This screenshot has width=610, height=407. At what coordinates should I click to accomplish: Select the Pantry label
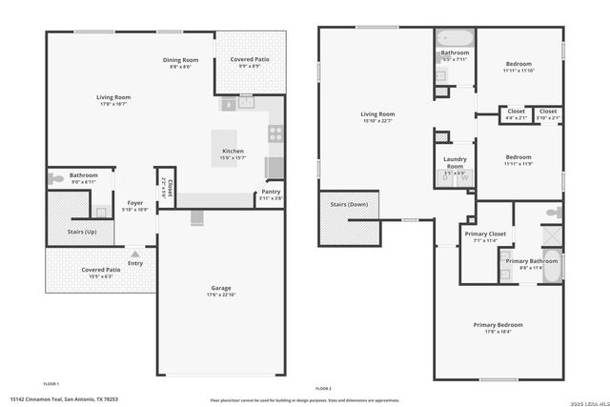271,192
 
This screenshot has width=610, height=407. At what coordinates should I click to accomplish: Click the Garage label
221,288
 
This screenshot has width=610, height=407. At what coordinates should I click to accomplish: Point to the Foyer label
135,202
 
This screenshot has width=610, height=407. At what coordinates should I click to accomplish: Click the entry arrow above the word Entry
135,254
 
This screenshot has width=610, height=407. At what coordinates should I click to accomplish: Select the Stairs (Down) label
349,204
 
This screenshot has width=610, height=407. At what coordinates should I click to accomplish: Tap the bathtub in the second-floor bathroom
456,38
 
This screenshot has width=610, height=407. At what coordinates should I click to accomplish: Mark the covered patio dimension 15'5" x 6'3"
100,276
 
